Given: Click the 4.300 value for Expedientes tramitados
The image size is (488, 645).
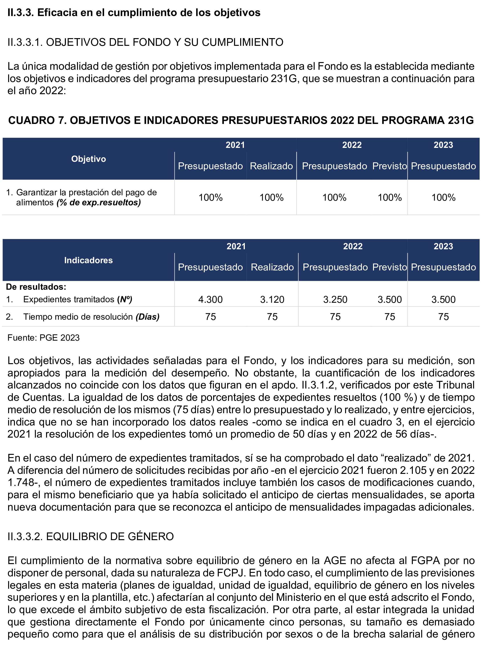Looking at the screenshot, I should (x=210, y=299).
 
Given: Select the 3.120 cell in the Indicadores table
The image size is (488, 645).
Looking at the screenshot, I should (x=272, y=299).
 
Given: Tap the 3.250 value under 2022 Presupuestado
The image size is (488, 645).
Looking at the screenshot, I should (x=335, y=299).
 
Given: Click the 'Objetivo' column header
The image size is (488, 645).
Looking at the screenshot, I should (x=88, y=159).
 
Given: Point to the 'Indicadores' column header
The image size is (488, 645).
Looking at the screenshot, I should (x=88, y=260).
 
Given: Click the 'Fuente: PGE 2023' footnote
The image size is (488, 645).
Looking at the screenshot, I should (x=44, y=338).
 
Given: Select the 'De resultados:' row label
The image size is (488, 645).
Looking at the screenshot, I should (x=36, y=287).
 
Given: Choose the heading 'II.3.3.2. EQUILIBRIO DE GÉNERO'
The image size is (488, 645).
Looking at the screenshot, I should (x=91, y=536).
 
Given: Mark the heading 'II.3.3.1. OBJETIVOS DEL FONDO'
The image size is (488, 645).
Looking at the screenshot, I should (x=145, y=42).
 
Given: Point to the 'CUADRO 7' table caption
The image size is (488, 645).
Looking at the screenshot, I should (x=241, y=120).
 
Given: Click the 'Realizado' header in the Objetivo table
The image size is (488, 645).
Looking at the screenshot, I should (x=271, y=166).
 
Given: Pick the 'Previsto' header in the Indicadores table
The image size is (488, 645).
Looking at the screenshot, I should (x=389, y=267).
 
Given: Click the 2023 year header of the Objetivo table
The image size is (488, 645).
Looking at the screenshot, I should (x=443, y=145).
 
